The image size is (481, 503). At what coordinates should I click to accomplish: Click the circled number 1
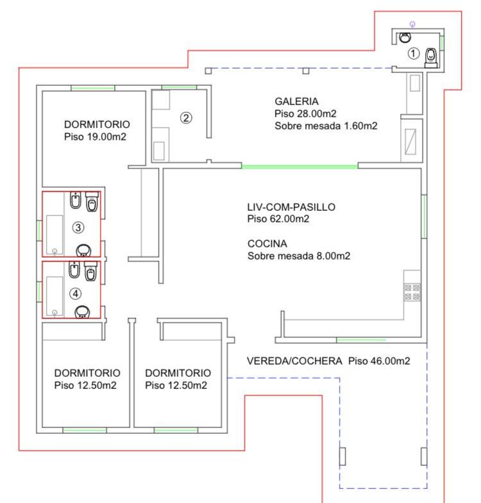click(x=413, y=53)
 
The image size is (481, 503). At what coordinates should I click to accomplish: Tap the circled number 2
click(x=186, y=118)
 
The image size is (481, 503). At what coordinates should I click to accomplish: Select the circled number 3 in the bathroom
click(x=78, y=227)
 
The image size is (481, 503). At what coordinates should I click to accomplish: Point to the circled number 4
click(x=76, y=293)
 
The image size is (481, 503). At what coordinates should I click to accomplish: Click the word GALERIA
click(x=296, y=101)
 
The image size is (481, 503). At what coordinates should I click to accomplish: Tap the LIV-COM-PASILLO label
click(x=291, y=207)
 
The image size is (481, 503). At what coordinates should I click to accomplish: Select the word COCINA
click(x=267, y=243)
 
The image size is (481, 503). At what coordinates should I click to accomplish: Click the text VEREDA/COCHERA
click(x=294, y=361)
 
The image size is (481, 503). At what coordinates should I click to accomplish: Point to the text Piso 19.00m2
click(x=95, y=136)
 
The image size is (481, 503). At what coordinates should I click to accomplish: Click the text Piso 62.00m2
click(x=278, y=219)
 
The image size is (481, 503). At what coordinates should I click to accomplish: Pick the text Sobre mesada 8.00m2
click(x=299, y=256)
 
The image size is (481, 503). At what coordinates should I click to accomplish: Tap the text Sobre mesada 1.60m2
click(x=326, y=126)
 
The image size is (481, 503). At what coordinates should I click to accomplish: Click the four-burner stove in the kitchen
click(x=412, y=292)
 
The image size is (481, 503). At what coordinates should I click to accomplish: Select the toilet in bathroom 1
click(x=431, y=58)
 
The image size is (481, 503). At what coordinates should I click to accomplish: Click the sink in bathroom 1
click(x=405, y=37)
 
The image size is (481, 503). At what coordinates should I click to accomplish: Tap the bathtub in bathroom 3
click(x=55, y=235)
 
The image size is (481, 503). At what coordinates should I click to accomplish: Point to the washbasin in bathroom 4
click(x=82, y=312)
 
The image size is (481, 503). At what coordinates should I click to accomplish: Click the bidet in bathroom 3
click(x=76, y=200)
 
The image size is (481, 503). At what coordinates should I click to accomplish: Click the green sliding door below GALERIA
click(x=300, y=166)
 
